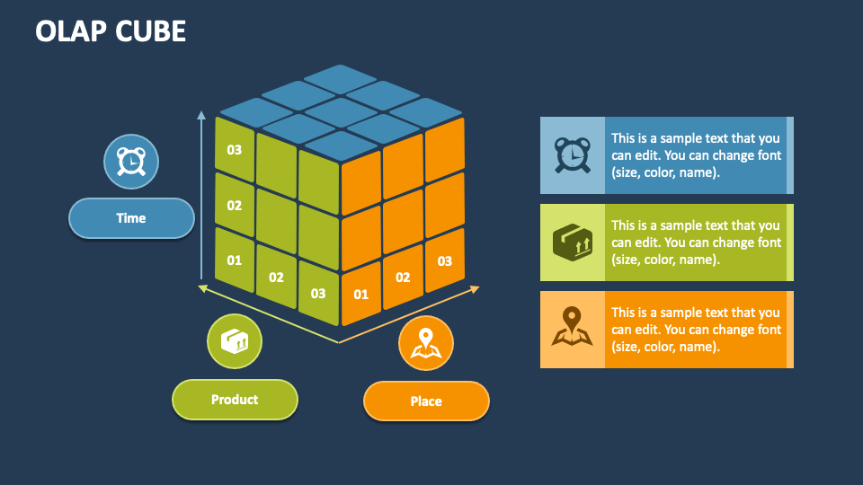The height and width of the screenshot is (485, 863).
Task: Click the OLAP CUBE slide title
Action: (111, 31)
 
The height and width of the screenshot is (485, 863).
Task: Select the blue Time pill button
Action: (131, 218)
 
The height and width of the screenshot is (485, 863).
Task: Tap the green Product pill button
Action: (235, 400)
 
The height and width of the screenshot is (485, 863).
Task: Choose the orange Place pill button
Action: (426, 401)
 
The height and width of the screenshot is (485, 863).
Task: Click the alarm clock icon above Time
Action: (131, 162)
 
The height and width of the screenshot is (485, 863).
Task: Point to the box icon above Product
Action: (235, 341)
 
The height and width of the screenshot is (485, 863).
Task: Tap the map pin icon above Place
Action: (426, 343)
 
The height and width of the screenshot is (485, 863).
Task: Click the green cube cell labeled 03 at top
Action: (235, 149)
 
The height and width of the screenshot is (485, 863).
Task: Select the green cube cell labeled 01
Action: (235, 260)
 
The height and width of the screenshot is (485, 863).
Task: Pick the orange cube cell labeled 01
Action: (361, 294)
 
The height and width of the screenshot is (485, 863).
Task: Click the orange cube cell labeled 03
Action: (445, 260)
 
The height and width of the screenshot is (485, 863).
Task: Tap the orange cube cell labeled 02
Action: (403, 278)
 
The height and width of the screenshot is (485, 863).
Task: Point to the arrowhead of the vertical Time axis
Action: (201, 115)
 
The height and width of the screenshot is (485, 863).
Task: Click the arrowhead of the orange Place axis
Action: (475, 288)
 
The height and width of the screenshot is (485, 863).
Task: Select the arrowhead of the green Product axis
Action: (202, 287)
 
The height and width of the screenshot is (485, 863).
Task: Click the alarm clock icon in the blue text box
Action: (573, 155)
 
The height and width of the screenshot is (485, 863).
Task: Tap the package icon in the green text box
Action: (573, 242)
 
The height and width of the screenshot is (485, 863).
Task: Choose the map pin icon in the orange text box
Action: (573, 326)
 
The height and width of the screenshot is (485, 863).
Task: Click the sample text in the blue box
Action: (696, 155)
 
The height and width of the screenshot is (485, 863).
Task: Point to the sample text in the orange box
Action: (696, 330)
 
